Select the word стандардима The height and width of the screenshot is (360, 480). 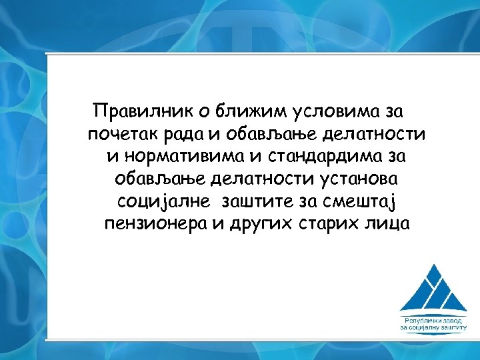pos(312,156)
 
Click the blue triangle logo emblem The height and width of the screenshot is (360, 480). pos(433,286)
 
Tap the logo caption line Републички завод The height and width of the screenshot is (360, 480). pos(433,319)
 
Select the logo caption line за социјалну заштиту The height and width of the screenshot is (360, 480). pos(433,327)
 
